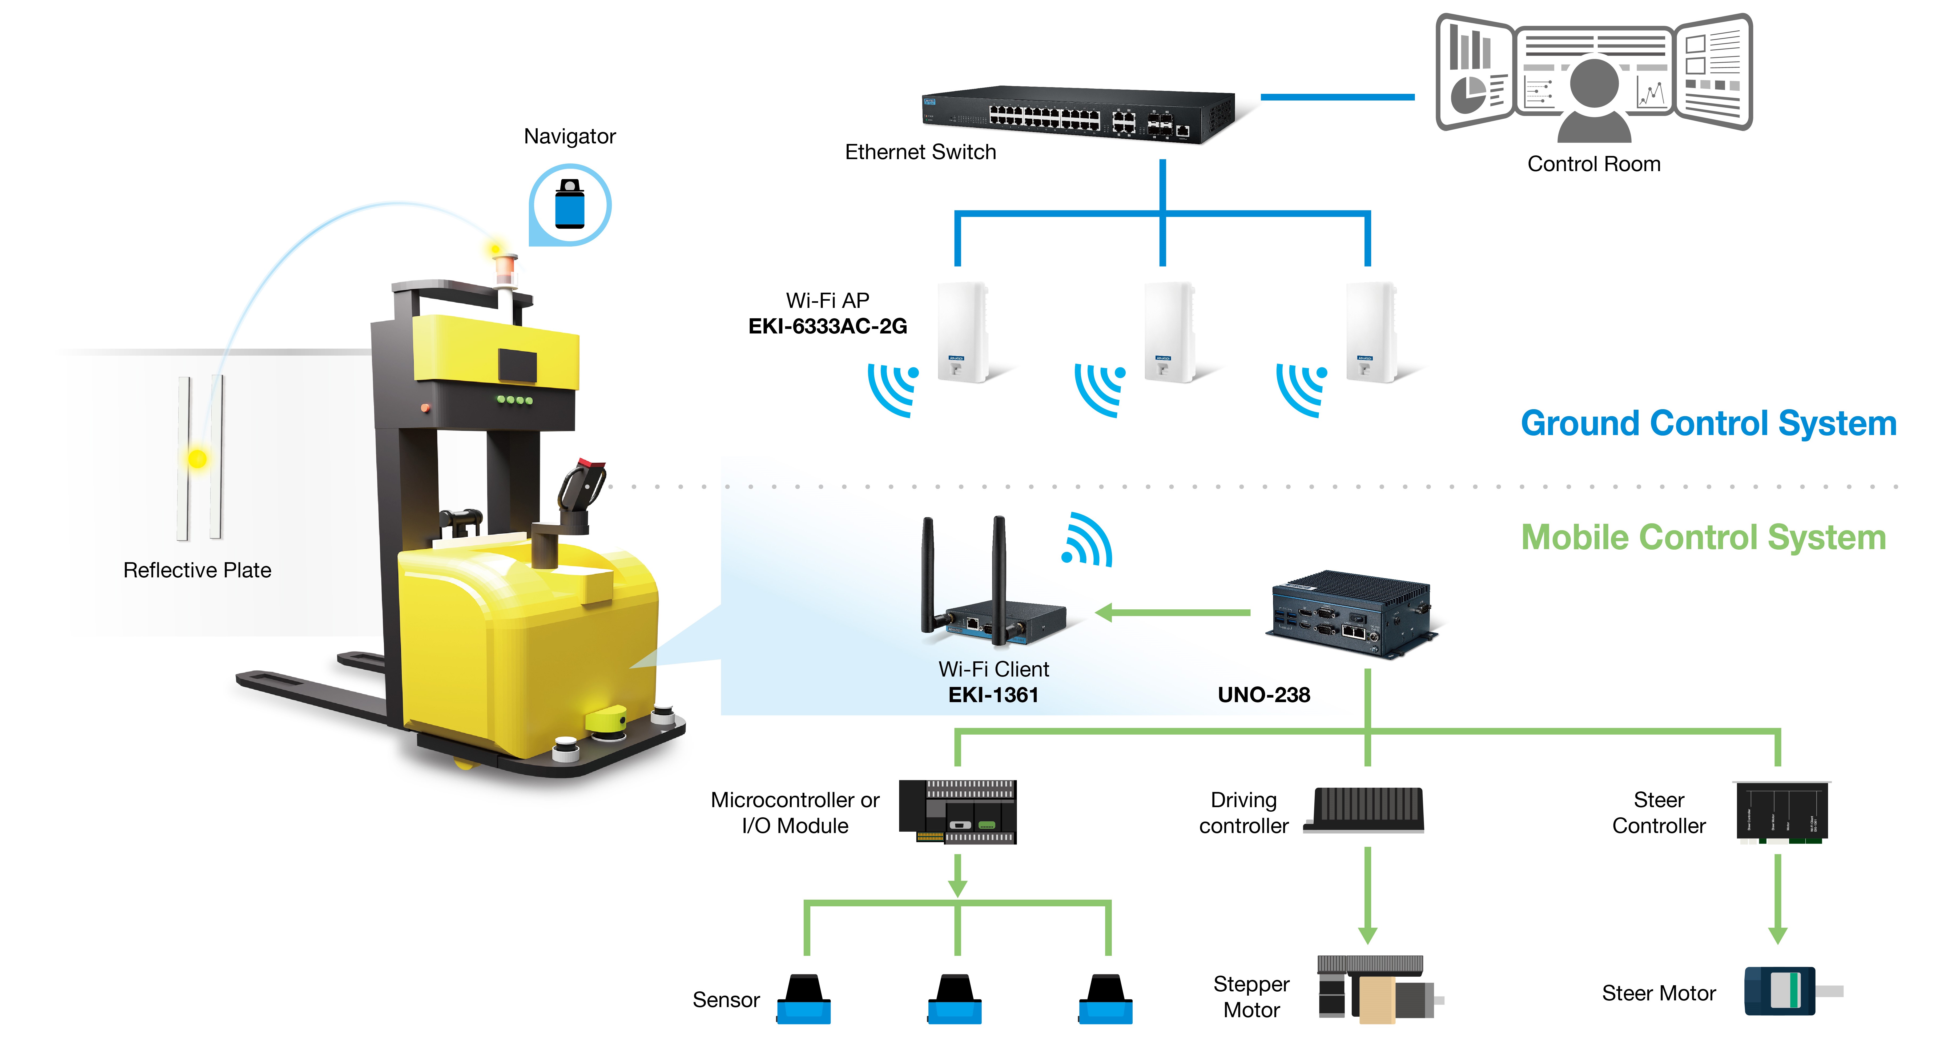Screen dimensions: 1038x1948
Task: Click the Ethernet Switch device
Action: [1078, 115]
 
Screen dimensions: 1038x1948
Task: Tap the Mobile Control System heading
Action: [1703, 537]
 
